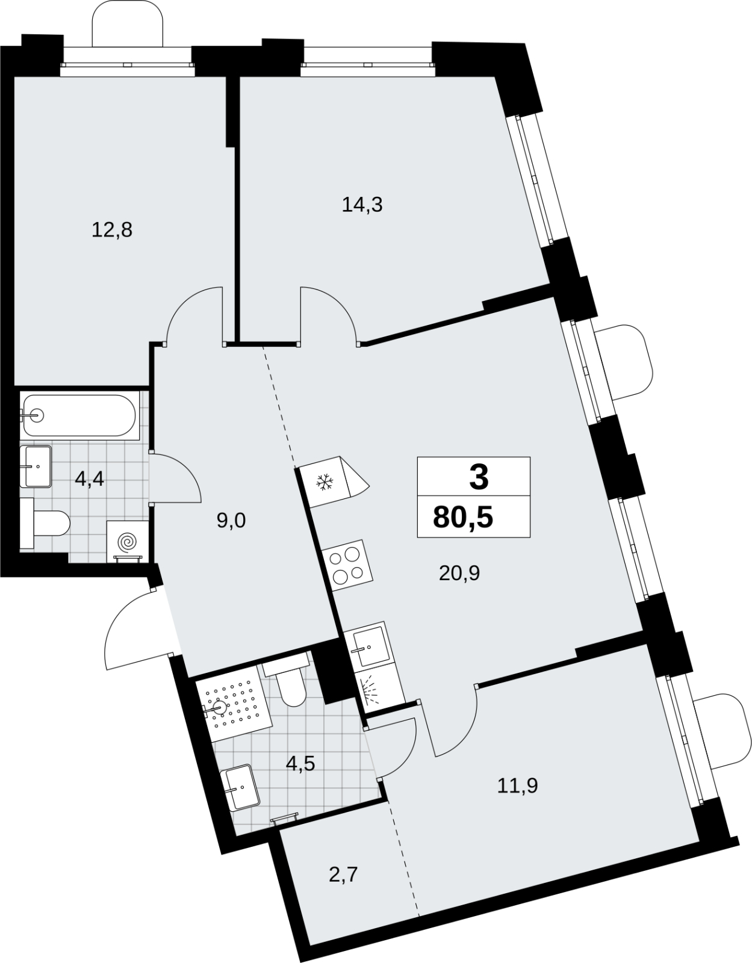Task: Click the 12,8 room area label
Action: (112, 231)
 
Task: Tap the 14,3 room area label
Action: (362, 205)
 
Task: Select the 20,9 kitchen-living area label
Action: (459, 574)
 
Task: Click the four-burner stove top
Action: (348, 566)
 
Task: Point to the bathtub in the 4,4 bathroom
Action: (79, 416)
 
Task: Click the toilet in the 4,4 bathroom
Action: (45, 523)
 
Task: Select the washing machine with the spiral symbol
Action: (127, 541)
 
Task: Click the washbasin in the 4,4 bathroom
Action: (36, 466)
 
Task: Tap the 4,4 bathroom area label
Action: (90, 478)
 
